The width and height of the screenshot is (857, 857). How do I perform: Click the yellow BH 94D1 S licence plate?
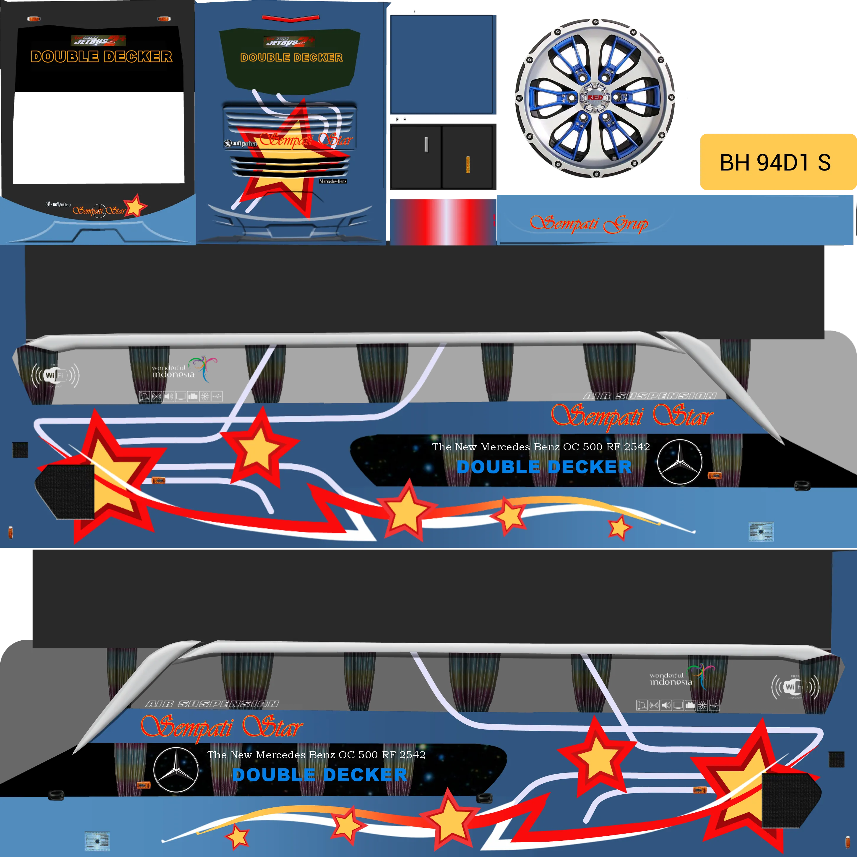pyautogui.click(x=777, y=162)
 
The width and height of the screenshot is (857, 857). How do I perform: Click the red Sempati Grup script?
pyautogui.click(x=589, y=224)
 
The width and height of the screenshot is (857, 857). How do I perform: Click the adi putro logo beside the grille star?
pyautogui.click(x=240, y=143)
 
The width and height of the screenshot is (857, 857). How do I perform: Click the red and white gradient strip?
pyautogui.click(x=443, y=222)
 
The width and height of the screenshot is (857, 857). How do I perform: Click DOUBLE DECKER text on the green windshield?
pyautogui.click(x=291, y=58)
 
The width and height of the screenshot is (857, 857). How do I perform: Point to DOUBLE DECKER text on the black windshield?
pyautogui.click(x=101, y=57)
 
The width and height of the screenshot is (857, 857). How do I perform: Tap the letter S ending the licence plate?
pyautogui.click(x=824, y=162)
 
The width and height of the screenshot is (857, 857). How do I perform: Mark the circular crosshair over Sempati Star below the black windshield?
pyautogui.click(x=99, y=211)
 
